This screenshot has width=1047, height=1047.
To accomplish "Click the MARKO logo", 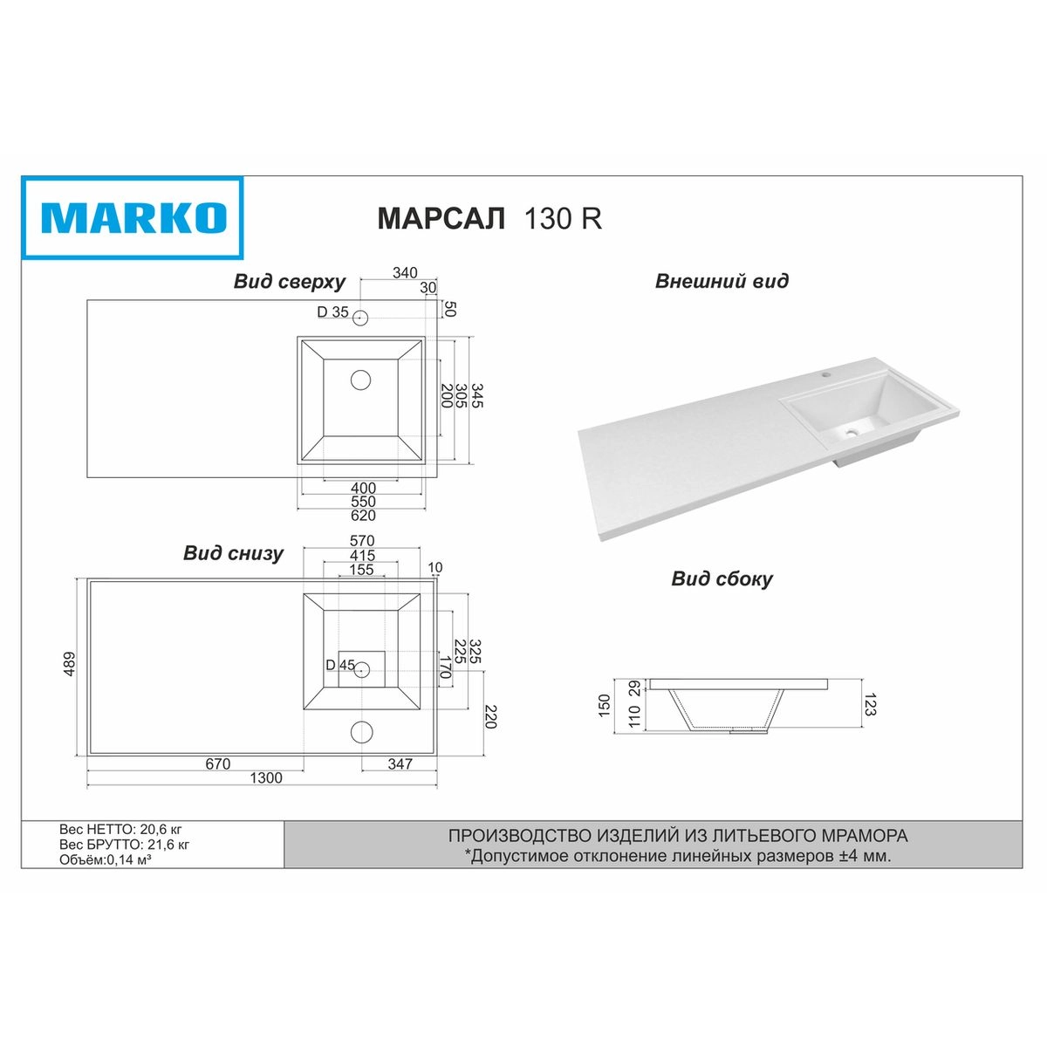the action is coord(132,217).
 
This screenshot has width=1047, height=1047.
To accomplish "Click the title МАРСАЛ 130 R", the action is coord(489,218).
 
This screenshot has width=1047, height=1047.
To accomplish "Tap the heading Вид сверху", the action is coord(290,282).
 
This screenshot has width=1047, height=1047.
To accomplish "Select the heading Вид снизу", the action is coord(233,552).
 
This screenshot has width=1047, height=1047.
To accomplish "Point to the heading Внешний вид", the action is coord(722,281).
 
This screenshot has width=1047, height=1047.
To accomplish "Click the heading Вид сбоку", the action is coord(722,578).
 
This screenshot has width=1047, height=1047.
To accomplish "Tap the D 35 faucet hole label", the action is coord(332,311).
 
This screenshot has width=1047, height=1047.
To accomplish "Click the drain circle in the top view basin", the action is coord(360,380).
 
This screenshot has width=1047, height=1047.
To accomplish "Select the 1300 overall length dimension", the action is coord(266,778).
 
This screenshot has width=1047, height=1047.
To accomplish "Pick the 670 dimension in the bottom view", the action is coord(218,764).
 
